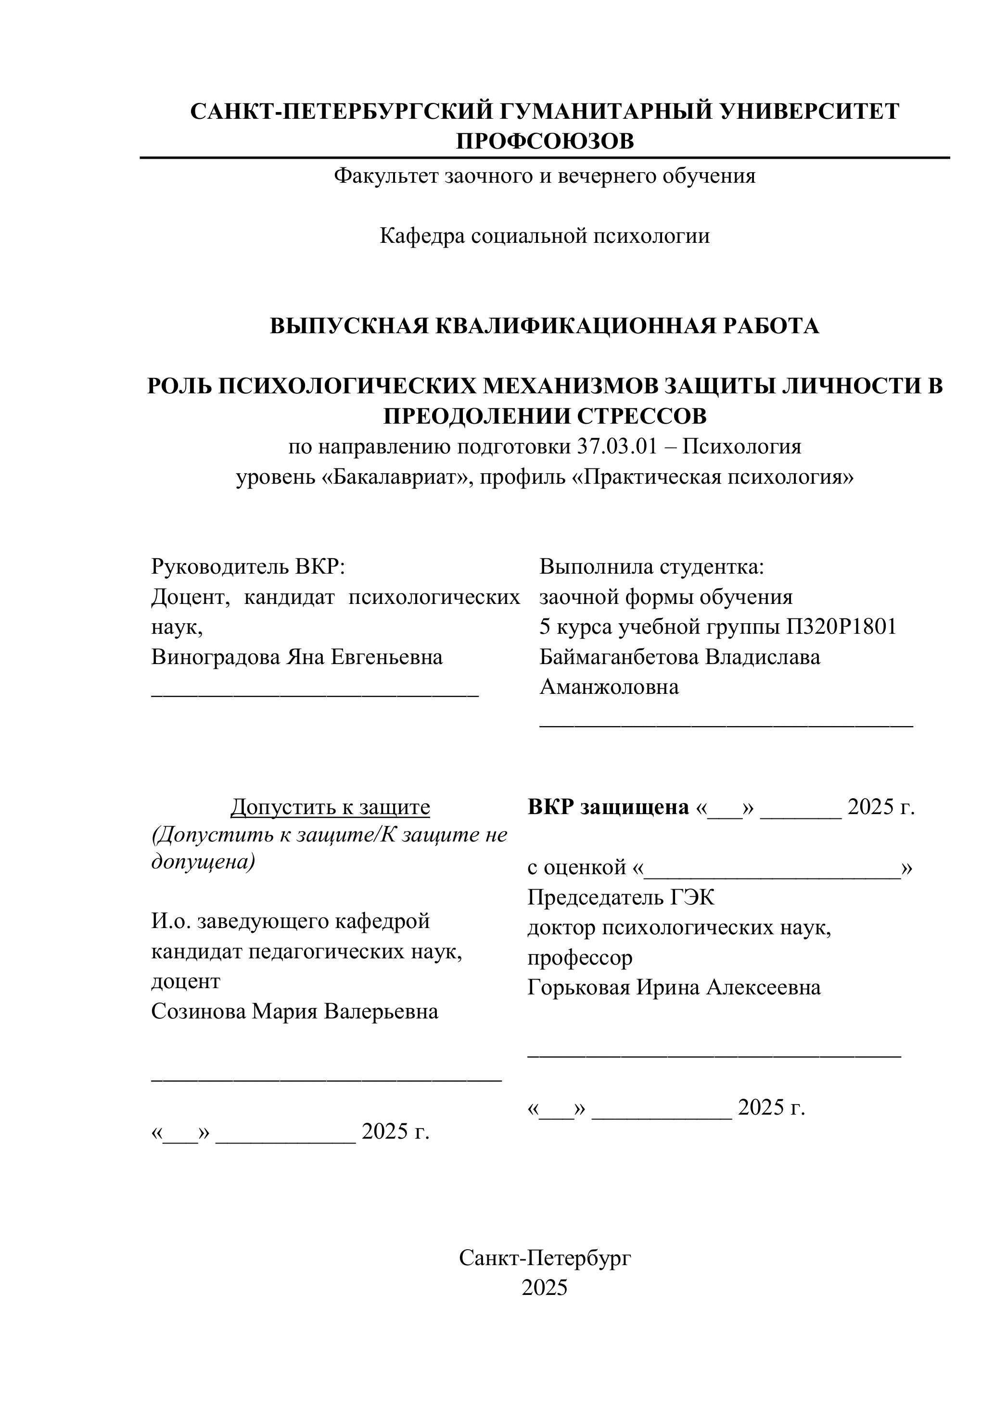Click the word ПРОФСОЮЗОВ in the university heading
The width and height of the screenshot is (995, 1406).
pos(545,141)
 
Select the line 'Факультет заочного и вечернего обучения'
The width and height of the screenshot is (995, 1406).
pos(545,176)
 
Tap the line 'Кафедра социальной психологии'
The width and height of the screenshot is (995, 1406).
pos(545,236)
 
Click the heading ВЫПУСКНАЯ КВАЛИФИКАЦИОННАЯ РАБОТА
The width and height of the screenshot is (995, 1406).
pos(545,326)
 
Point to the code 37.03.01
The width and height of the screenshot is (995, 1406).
pos(616,447)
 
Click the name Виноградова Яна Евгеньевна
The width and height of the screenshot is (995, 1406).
pos(297,657)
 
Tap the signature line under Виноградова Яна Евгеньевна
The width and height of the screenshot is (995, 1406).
pos(315,695)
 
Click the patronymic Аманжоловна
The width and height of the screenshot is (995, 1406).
pos(609,687)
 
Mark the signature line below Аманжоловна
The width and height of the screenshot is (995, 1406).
pos(726,725)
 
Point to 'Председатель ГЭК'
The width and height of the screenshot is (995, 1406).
pos(621,898)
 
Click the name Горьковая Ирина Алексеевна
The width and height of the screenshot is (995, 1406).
pos(674,988)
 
